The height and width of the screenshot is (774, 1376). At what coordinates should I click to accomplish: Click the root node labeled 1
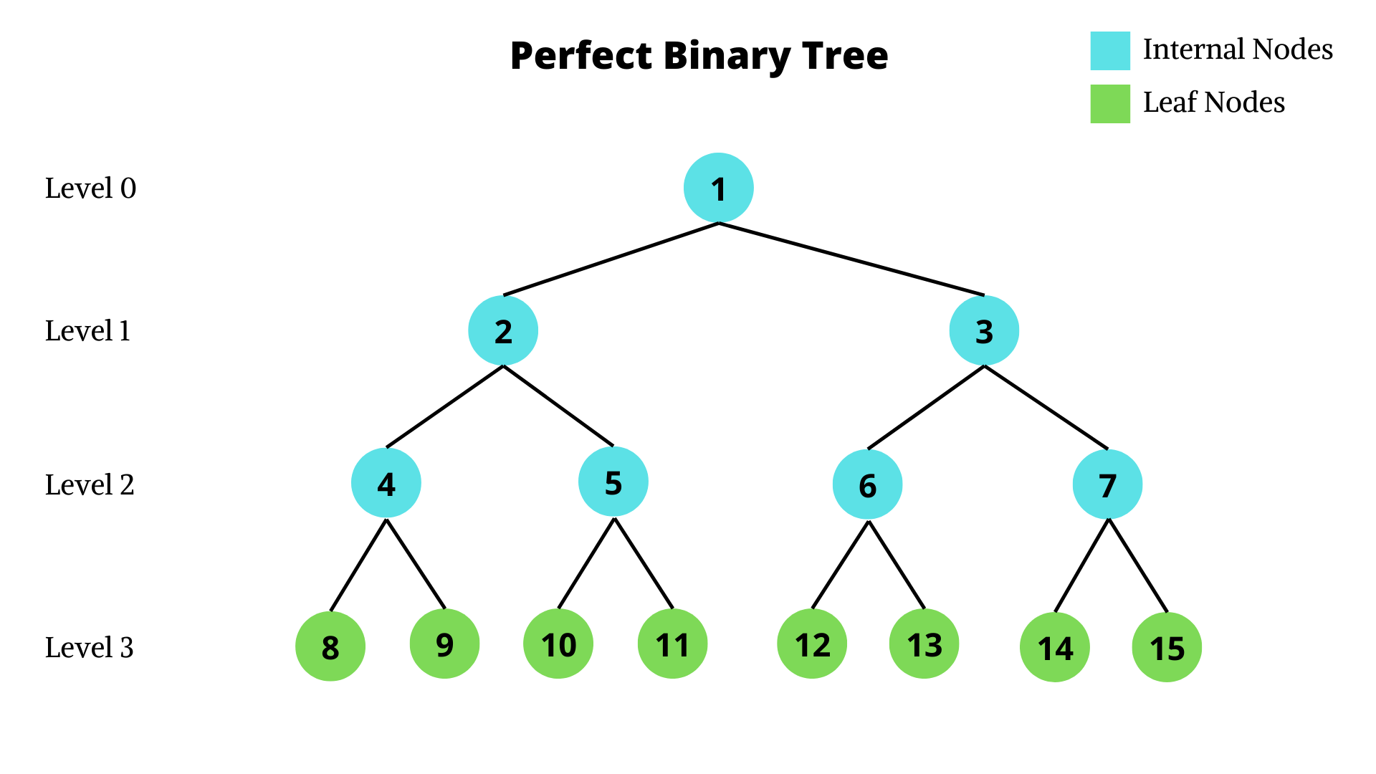[x=718, y=188]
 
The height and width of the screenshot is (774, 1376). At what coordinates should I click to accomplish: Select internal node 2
[x=503, y=330]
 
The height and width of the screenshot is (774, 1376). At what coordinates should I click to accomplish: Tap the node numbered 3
[x=984, y=330]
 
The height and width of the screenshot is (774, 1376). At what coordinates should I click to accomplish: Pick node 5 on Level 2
[x=613, y=482]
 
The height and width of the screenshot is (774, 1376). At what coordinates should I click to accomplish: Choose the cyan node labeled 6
[x=867, y=484]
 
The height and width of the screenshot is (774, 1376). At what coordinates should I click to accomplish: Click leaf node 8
[x=330, y=646]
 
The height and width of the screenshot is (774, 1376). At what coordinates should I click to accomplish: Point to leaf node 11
[x=672, y=644]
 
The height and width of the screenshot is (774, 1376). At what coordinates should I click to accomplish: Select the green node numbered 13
[x=924, y=644]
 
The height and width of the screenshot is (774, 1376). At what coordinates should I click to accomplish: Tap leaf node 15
[x=1167, y=647]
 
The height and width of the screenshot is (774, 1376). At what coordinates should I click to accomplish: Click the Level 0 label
[x=90, y=188]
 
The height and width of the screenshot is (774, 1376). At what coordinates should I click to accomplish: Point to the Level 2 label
[x=90, y=485]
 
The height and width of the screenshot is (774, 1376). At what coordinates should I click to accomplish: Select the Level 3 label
[x=90, y=648]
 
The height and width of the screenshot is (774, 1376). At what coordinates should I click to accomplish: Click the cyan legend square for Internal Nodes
[x=1110, y=51]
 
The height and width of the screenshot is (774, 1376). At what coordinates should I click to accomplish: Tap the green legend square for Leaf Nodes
[x=1110, y=104]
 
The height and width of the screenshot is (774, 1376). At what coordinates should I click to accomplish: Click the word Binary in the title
[x=727, y=56]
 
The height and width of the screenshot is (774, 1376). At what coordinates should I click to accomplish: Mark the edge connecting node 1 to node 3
[x=851, y=259]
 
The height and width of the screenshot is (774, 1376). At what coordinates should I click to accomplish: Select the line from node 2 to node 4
[x=445, y=406]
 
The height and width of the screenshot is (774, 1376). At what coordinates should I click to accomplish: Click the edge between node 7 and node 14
[x=1082, y=565]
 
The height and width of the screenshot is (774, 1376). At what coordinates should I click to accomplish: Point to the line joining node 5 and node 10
[x=586, y=563]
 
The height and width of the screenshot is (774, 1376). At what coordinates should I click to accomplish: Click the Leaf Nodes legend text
[x=1213, y=102]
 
